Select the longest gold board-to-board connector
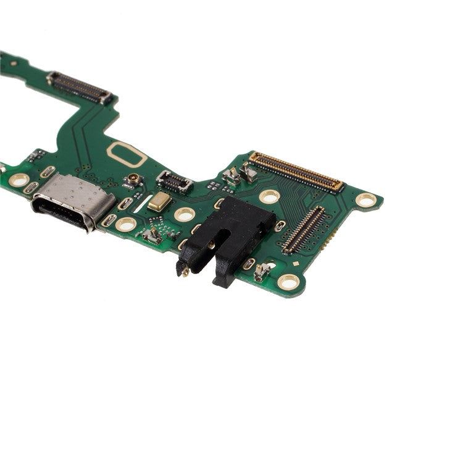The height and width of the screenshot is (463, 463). click(x=296, y=171)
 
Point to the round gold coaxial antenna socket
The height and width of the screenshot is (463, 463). click(x=133, y=180)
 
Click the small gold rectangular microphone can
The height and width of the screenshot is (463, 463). click(x=159, y=201)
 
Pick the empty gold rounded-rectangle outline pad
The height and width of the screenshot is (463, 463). click(x=127, y=154)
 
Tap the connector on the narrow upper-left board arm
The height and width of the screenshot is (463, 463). click(x=80, y=87)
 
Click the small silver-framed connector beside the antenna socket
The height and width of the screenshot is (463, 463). click(x=174, y=181)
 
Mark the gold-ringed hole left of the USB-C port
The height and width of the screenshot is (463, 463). click(x=19, y=180)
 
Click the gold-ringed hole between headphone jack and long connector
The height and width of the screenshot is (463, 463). click(x=269, y=197)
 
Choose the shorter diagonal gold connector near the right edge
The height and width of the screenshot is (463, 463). click(x=304, y=230)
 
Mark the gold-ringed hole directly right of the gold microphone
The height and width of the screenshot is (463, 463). click(x=184, y=214)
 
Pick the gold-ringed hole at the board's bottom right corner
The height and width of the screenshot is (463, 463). click(x=288, y=282)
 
